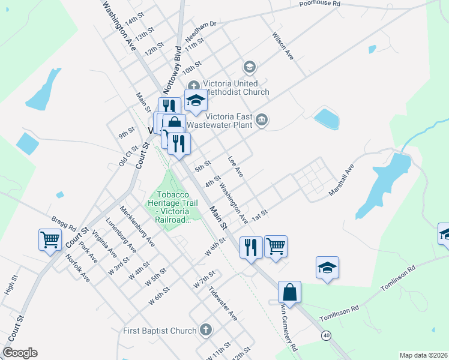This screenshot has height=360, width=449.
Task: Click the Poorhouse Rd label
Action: pos(320,4)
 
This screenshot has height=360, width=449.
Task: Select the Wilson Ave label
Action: pos(283,46)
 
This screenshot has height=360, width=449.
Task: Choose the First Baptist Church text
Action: pos(160,331)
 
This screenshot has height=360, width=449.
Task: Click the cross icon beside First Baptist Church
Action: pos(206,330)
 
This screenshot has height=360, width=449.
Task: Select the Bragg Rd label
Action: pos(64,223)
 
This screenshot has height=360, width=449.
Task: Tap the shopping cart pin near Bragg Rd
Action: pos(50,240)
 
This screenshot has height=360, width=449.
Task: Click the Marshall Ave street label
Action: pos(343,181)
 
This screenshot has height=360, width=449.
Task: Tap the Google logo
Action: pos(20,353)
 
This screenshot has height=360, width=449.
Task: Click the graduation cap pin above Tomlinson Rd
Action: pos(328,268)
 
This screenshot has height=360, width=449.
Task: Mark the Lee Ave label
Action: pos(235,166)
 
